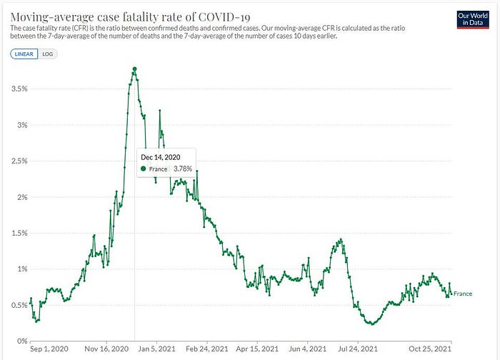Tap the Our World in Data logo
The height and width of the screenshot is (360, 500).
[x=471, y=19]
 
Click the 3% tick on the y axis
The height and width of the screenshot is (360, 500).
[x=22, y=125]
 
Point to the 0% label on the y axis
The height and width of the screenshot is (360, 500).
[x=22, y=341]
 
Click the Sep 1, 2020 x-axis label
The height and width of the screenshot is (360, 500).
[x=46, y=350]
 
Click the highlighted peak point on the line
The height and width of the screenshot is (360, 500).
[x=134, y=69]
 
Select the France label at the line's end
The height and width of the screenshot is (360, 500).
[x=463, y=294]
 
